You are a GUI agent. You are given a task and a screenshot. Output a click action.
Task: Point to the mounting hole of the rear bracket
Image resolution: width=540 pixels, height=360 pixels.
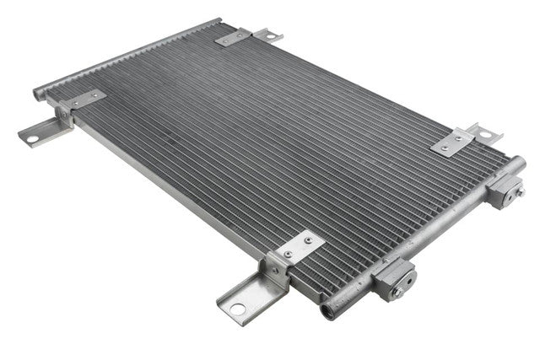(272, 35)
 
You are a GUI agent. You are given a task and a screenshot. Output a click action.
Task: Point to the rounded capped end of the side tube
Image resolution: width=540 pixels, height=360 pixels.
(517, 165)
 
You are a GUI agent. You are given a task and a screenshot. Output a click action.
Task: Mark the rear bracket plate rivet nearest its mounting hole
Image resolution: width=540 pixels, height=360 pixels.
(245, 34)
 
